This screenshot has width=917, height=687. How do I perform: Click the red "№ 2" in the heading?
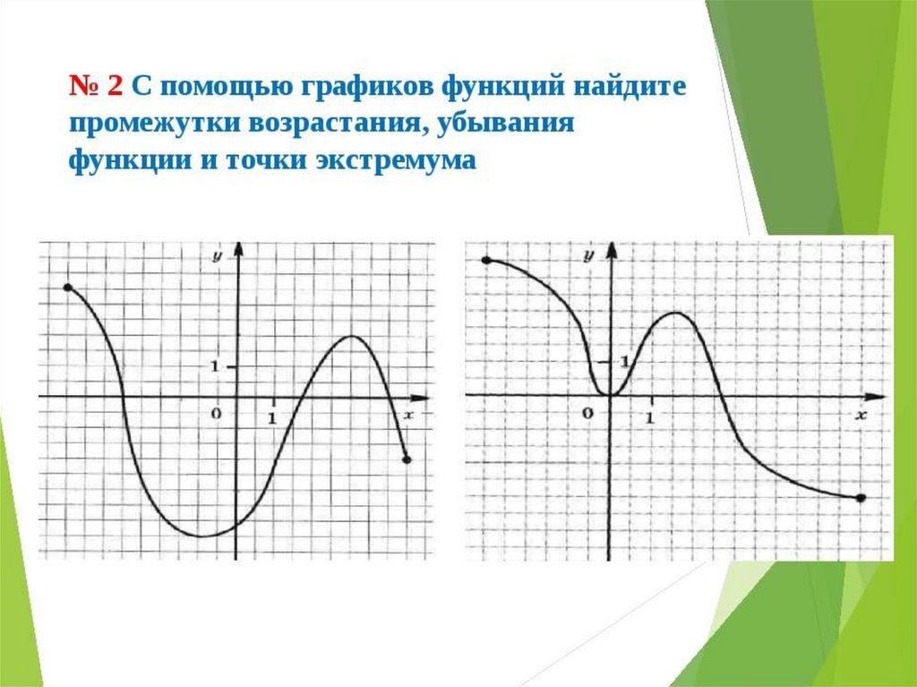(x=96, y=85)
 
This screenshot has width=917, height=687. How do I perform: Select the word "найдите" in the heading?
(x=630, y=85)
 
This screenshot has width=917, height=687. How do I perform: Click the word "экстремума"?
(x=396, y=160)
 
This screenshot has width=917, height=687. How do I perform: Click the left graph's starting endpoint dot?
(x=68, y=288)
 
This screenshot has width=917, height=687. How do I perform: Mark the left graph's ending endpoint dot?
(x=407, y=459)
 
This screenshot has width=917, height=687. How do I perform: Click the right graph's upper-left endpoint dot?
(x=486, y=260)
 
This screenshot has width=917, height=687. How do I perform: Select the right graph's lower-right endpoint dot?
(x=861, y=498)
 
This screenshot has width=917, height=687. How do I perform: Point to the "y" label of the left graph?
(x=217, y=256)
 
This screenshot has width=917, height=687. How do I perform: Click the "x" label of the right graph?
(x=861, y=415)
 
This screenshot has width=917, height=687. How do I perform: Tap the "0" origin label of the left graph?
(x=217, y=413)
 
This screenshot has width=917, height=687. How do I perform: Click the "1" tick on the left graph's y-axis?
(x=215, y=366)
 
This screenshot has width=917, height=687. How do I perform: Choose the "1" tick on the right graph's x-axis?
(x=649, y=417)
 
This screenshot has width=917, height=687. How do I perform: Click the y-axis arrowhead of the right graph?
(x=612, y=250)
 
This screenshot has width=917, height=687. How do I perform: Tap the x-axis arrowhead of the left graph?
(x=420, y=398)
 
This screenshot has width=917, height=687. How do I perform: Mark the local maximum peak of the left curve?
(x=350, y=336)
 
